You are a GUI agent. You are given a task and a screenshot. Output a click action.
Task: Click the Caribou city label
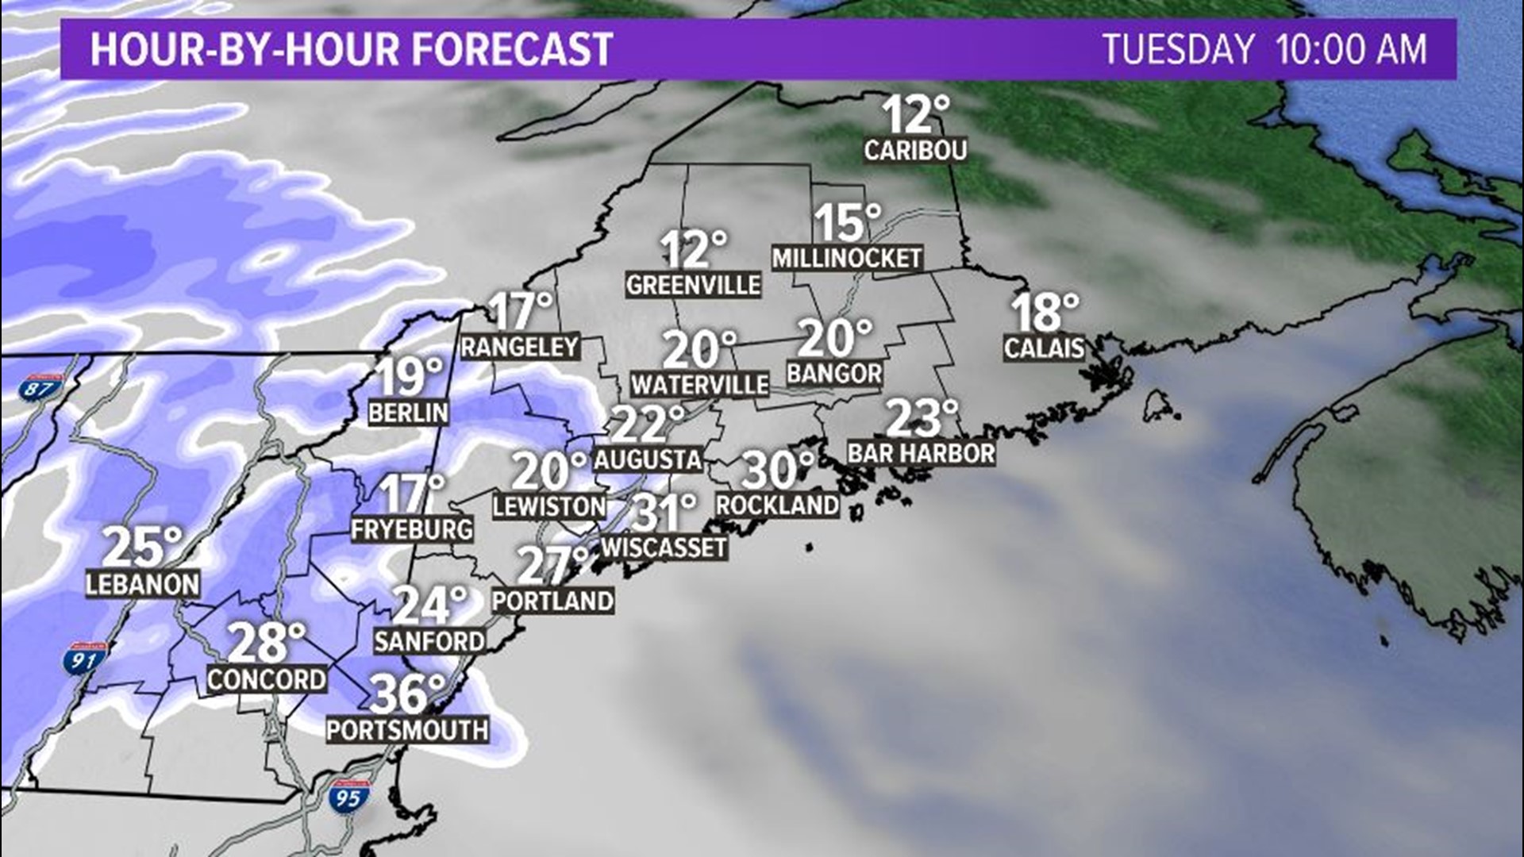[915, 150]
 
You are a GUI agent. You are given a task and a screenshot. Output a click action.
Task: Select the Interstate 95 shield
[349, 796]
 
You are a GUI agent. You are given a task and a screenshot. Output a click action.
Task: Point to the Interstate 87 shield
[41, 388]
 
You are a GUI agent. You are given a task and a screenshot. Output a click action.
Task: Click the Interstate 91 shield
[84, 659]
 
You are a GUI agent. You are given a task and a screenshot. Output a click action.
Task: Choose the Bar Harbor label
[921, 453]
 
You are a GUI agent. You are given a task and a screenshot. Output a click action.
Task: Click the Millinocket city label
[847, 258]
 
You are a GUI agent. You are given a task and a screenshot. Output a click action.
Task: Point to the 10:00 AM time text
[1351, 49]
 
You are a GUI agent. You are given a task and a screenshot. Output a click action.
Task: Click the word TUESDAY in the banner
[1178, 49]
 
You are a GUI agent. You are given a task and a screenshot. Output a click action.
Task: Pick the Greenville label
[693, 285]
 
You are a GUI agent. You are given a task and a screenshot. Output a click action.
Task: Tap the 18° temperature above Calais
[1045, 312]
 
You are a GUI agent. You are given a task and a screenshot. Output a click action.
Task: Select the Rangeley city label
[520, 347]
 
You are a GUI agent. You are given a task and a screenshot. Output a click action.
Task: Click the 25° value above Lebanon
[142, 547]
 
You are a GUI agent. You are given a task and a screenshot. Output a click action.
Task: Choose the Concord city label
[267, 679]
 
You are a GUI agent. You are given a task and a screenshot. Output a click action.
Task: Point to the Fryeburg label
[412, 529]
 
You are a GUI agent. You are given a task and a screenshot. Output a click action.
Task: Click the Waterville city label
[700, 385]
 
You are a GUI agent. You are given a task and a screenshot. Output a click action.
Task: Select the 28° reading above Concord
[267, 642]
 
